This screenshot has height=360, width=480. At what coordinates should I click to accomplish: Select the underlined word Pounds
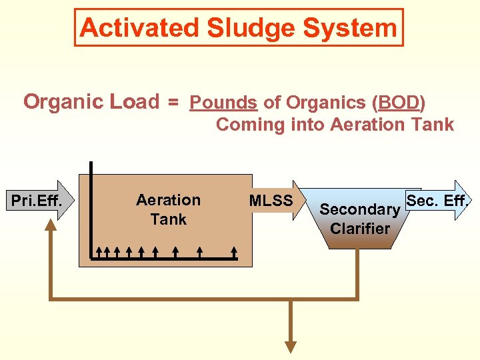[223, 103]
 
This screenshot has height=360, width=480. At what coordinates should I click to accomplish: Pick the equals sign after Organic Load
[173, 103]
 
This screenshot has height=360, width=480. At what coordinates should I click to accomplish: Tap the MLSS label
[271, 200]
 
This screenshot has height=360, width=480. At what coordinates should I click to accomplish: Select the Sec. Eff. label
[437, 200]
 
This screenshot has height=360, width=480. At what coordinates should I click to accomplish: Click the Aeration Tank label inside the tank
[168, 209]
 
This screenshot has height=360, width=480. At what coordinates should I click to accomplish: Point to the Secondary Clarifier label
[360, 219]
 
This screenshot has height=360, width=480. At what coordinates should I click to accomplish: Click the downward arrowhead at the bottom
[291, 347]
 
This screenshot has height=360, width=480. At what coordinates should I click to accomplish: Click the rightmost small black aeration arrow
[234, 251]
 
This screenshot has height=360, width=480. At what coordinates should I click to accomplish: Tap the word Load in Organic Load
[136, 102]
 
